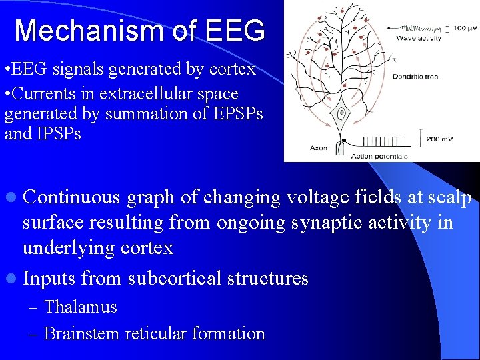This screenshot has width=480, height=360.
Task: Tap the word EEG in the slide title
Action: [x=236, y=31]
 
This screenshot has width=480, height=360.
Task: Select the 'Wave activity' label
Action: [x=419, y=39]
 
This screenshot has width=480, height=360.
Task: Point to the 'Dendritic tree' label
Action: [x=415, y=76]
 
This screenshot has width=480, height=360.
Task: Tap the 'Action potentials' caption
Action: [x=379, y=156]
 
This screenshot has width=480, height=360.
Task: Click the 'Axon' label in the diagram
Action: [x=319, y=147]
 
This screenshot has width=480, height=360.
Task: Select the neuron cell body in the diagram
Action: [x=341, y=115]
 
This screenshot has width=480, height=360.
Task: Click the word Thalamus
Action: [x=80, y=307]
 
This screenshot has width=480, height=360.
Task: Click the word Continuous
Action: [x=71, y=197]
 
